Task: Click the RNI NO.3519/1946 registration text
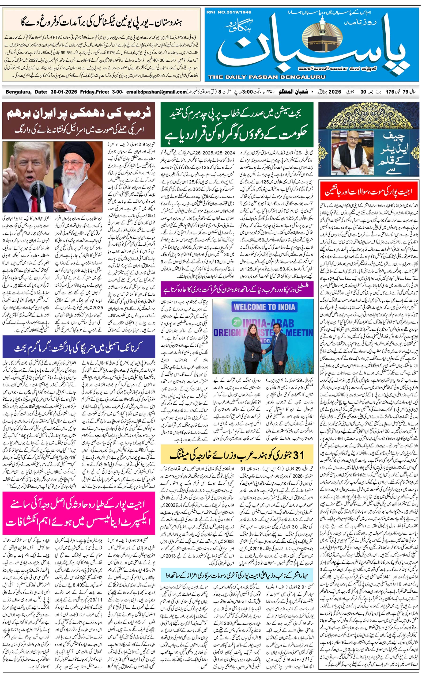point(229,12)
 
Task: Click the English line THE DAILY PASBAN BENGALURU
point(267,77)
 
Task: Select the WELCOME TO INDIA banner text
point(264,307)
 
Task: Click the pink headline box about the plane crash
point(79,513)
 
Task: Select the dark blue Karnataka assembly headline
point(79,347)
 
